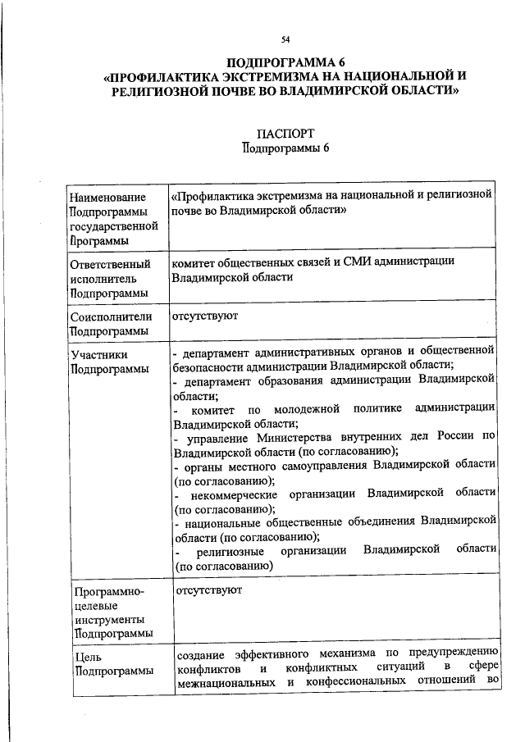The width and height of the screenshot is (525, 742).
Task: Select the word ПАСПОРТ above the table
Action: [x=285, y=133]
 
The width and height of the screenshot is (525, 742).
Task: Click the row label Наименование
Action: [x=107, y=198]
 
